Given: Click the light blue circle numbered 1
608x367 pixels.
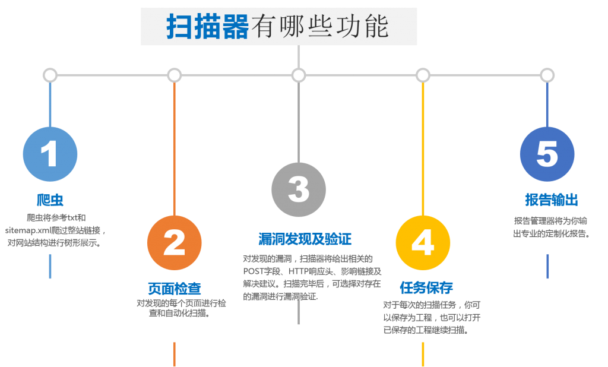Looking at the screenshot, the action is pyautogui.click(x=50, y=154).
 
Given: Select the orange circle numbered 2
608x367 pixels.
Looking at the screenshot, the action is pyautogui.click(x=175, y=243).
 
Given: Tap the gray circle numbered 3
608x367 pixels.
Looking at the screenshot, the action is pyautogui.click(x=299, y=189).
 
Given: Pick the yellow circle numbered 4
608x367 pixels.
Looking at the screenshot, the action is pyautogui.click(x=423, y=243).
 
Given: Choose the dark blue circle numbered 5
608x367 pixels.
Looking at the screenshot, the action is pyautogui.click(x=547, y=154).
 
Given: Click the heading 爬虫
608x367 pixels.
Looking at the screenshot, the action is pyautogui.click(x=50, y=200).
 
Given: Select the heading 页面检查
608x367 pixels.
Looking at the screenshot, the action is pyautogui.click(x=175, y=288).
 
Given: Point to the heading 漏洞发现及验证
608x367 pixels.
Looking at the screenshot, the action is pyautogui.click(x=305, y=239).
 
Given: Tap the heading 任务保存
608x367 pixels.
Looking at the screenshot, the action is pyautogui.click(x=426, y=287).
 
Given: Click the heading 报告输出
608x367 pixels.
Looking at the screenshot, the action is pyautogui.click(x=552, y=200).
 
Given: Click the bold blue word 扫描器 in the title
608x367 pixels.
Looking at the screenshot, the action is pyautogui.click(x=207, y=26).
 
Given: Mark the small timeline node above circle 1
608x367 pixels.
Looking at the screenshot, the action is pyautogui.click(x=50, y=75).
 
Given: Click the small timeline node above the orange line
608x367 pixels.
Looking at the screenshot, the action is pyautogui.click(x=175, y=75).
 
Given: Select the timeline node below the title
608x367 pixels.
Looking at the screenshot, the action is pyautogui.click(x=299, y=75).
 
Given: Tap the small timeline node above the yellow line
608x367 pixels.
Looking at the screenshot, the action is pyautogui.click(x=423, y=75).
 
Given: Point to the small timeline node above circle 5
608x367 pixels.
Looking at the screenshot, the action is pyautogui.click(x=547, y=75).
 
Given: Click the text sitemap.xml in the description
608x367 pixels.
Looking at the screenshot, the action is pyautogui.click(x=28, y=230).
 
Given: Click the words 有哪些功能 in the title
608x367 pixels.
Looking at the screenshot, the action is pyautogui.click(x=320, y=26).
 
